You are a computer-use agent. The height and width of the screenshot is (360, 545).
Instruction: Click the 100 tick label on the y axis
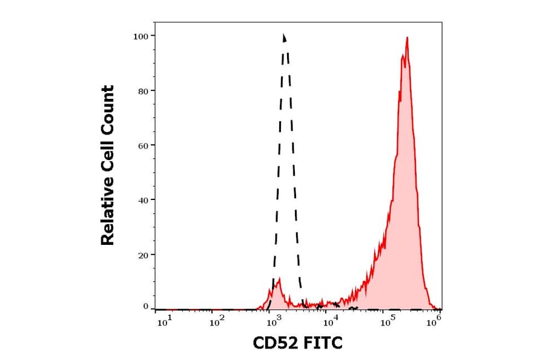pyautogui.click(x=140, y=36)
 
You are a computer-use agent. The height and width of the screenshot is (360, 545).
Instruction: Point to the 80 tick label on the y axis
pyautogui.click(x=142, y=91)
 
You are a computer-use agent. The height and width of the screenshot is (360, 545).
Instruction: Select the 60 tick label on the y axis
pyautogui.click(x=142, y=145)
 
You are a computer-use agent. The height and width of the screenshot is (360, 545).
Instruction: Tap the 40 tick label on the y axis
pyautogui.click(x=142, y=200)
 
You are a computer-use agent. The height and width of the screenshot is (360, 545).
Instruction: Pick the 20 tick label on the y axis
pyautogui.click(x=142, y=255)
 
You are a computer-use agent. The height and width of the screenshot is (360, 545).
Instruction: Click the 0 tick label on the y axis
pyautogui.click(x=145, y=307)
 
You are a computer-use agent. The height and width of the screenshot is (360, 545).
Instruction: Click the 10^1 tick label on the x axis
pyautogui.click(x=164, y=322)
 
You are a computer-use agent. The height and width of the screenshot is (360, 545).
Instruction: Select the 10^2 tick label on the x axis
pyautogui.click(x=217, y=322)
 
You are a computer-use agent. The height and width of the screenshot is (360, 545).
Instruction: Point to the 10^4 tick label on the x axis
pyautogui.click(x=329, y=322)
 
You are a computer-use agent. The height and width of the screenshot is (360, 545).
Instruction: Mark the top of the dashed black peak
pyautogui.click(x=283, y=35)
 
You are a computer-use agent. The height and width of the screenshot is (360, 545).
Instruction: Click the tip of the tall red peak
pyautogui.click(x=407, y=38)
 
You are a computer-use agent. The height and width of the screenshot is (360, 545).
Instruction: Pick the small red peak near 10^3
pyautogui.click(x=278, y=281)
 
